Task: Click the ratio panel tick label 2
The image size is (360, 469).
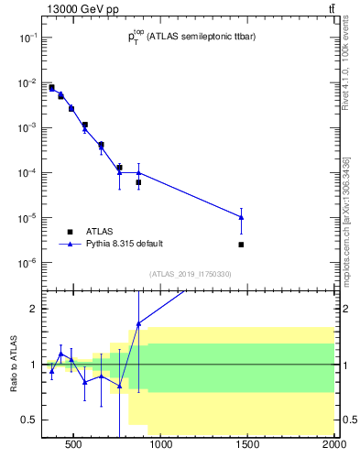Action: pyautogui.click(x=33, y=309)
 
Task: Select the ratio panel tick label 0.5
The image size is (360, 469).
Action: pyautogui.click(x=29, y=420)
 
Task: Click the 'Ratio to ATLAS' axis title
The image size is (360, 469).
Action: pyautogui.click(x=13, y=364)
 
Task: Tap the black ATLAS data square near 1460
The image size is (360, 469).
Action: pyautogui.click(x=241, y=245)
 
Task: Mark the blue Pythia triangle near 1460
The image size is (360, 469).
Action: pyautogui.click(x=241, y=217)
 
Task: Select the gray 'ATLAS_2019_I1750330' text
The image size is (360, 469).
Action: pyautogui.click(x=191, y=274)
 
